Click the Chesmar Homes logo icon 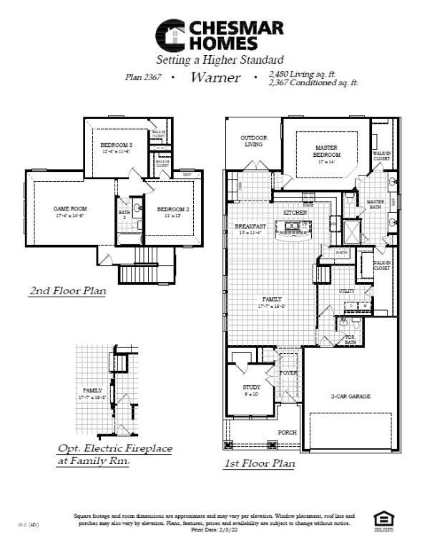point(171,34)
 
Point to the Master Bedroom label point(327,151)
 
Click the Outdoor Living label point(252,140)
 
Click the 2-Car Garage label point(350,395)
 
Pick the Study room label point(252,387)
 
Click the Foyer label point(288,372)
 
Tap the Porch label point(288,433)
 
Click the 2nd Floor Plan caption point(67,291)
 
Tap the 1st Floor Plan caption point(260,463)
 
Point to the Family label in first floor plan point(273,299)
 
